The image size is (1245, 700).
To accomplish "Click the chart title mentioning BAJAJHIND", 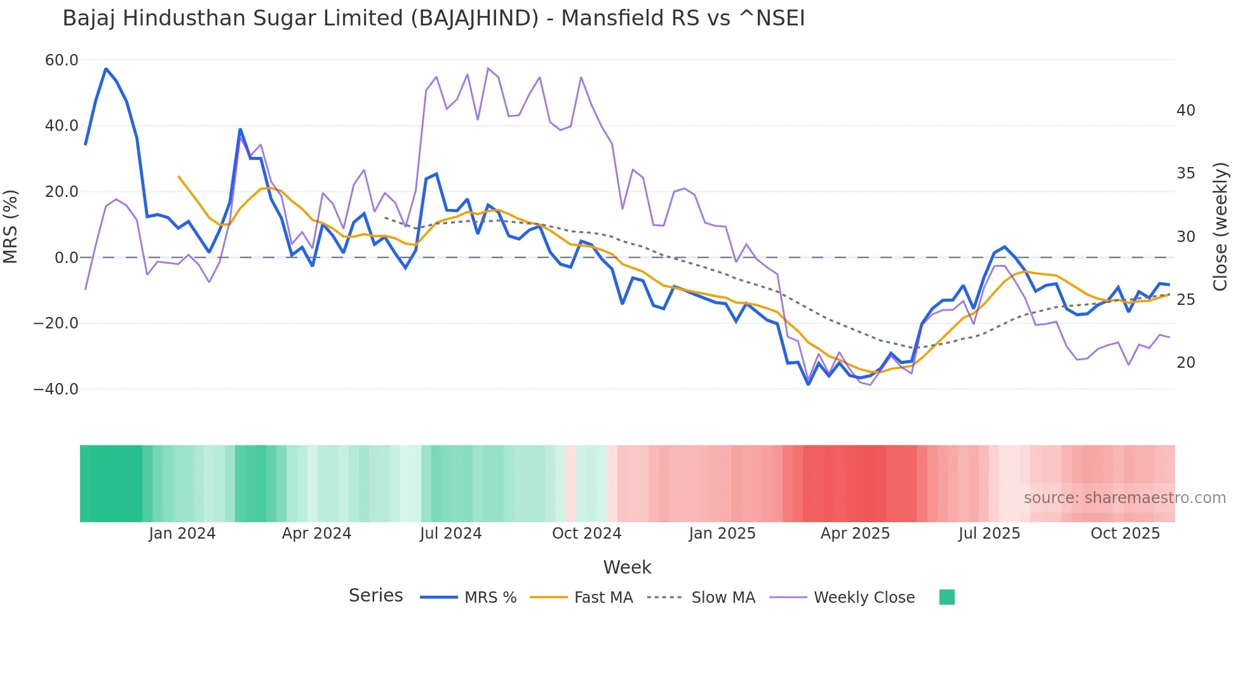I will point(433,18).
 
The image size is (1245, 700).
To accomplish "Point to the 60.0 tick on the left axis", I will point(62,60).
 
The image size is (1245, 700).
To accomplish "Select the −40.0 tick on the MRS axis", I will point(56,389).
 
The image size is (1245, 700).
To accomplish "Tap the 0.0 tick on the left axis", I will point(66,258).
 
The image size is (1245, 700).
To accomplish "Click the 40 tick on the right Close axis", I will point(1185,111).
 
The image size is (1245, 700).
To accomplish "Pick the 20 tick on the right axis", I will point(1185,363).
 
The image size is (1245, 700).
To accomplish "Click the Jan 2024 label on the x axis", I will point(182,534).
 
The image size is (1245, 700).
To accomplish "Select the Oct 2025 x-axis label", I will point(1125,534).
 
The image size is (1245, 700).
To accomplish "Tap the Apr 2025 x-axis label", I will point(855,534).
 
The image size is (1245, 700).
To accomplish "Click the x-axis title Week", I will point(627,567).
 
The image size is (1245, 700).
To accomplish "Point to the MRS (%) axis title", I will point(11,226).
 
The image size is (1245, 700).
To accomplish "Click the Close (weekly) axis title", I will point(1220,226).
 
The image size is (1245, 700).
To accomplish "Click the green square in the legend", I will point(946,597).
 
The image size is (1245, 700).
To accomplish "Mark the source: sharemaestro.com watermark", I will point(1124,498).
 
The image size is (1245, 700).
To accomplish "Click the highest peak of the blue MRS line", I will point(106,69).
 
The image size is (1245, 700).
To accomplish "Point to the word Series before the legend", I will point(375,596).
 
